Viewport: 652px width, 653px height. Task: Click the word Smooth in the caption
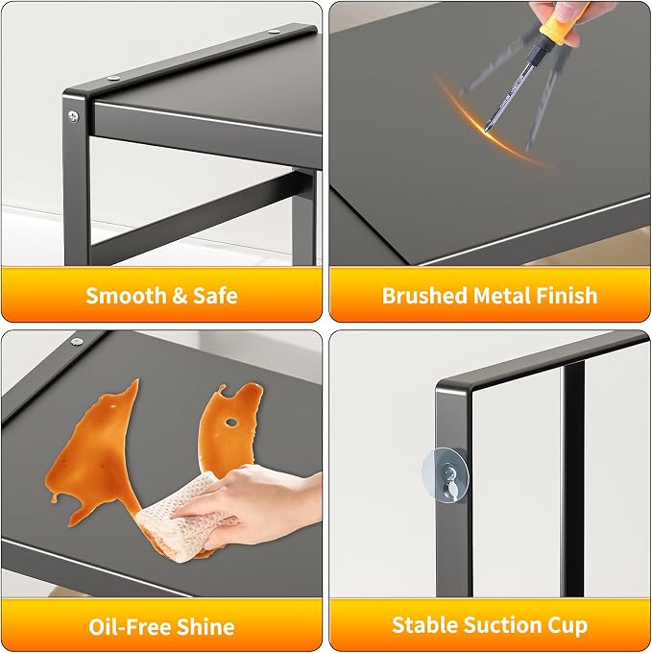pos(126,295)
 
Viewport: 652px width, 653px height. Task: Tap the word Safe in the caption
pos(215,295)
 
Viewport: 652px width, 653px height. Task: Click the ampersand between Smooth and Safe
pos(180,296)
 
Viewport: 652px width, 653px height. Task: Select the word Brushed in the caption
pos(424,295)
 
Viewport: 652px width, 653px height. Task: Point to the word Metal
pos(502,295)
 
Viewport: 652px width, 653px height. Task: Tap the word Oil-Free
pos(130,626)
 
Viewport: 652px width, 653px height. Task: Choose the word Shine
pos(205,626)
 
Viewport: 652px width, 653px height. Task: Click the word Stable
pos(424,625)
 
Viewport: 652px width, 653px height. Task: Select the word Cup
pos(567,626)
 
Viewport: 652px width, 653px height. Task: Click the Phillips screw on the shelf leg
pos(73,116)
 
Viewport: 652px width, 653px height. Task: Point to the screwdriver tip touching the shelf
pos(486,131)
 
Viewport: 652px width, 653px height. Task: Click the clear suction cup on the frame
pos(446,474)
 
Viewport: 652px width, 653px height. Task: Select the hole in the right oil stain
pos(231,423)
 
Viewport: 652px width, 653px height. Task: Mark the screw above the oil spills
pos(77,342)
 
